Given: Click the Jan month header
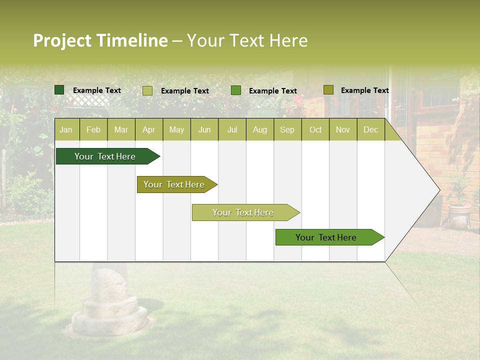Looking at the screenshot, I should click(x=66, y=130).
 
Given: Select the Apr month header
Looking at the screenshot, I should click(x=149, y=130).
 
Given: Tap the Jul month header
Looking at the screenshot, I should click(x=232, y=130).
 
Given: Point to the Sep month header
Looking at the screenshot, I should click(x=287, y=130).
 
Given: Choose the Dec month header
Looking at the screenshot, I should click(x=370, y=130).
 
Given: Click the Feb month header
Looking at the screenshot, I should click(x=93, y=130).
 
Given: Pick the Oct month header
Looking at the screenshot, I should click(x=315, y=130).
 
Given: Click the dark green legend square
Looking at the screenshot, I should click(x=59, y=90).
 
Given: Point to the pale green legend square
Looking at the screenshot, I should click(x=147, y=90).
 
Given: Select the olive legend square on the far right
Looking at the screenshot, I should click(x=328, y=90).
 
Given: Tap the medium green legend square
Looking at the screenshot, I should click(x=236, y=90).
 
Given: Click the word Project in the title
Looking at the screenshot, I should click(x=62, y=40).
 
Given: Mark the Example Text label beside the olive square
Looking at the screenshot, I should click(x=364, y=90).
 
